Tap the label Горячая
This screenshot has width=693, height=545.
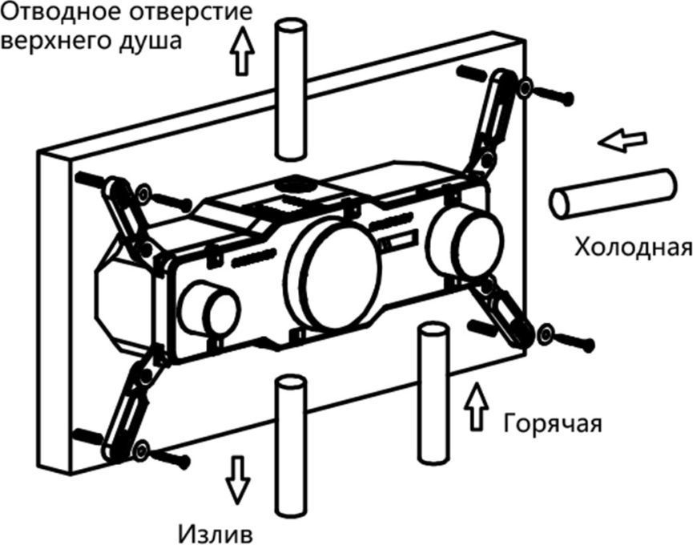tap(552, 422)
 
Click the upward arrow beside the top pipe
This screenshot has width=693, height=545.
tap(240, 54)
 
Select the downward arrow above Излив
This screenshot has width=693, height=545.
tap(238, 478)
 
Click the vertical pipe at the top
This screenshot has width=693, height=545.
tap(289, 88)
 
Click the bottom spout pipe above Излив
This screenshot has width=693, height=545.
tap(289, 445)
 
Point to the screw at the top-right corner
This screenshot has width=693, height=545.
tap(556, 97)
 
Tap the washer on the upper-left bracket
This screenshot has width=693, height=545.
tap(143, 193)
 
